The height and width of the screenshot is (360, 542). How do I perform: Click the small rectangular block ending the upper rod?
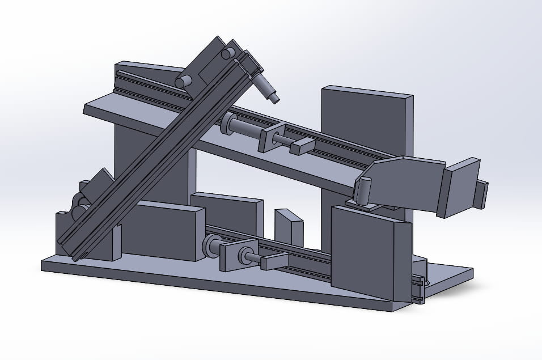(x=302, y=146)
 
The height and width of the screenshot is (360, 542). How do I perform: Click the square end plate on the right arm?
(x=460, y=188)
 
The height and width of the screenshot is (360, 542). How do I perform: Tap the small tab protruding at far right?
(x=482, y=194)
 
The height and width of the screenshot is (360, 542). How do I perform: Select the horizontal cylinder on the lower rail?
(x=214, y=245)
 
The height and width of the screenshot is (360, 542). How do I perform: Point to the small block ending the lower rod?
(x=274, y=260)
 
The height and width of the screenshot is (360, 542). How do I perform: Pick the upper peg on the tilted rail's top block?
(x=227, y=54)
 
